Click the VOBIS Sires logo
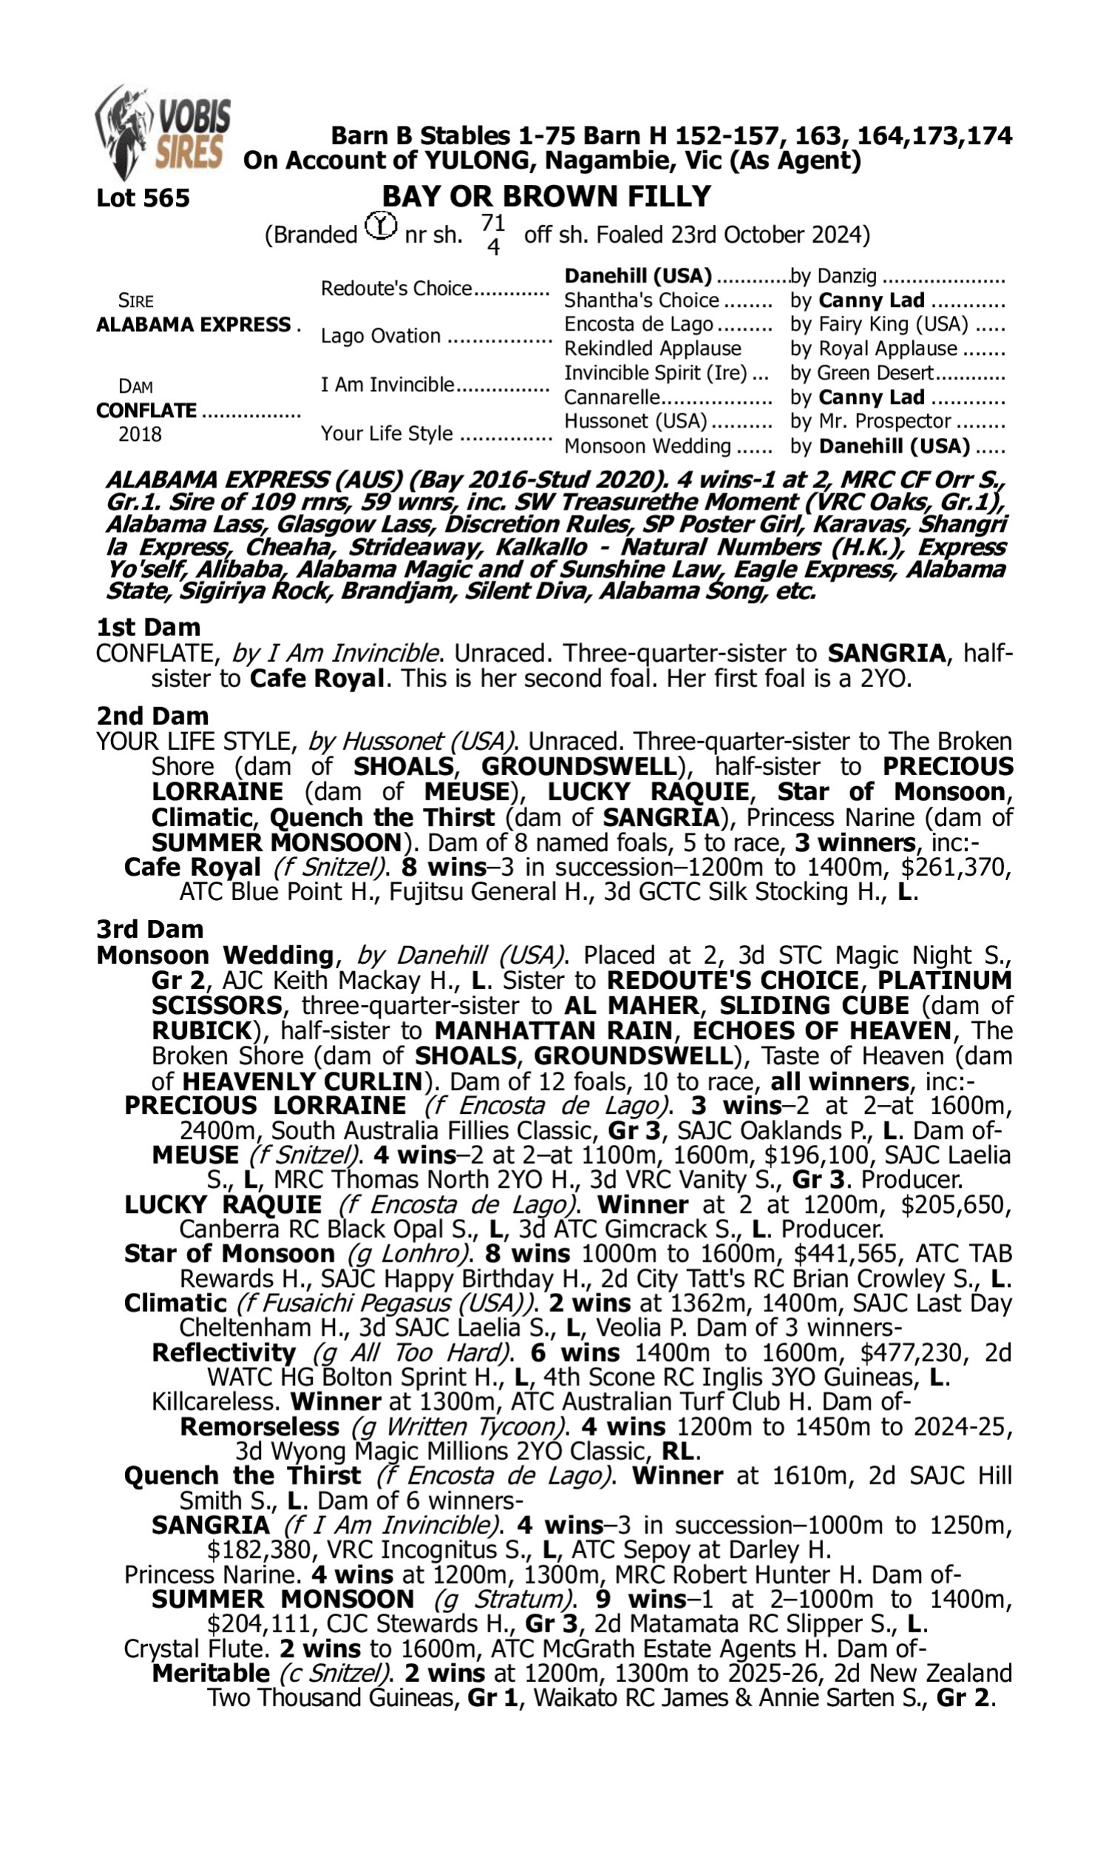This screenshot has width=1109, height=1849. coord(163,133)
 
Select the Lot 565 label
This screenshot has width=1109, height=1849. coord(143,198)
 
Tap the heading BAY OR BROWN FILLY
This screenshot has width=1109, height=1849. coord(546,197)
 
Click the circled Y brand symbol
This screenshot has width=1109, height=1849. coord(381,226)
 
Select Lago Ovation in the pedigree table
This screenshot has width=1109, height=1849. coord(380,337)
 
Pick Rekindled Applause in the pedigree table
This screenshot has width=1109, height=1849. coord(652,349)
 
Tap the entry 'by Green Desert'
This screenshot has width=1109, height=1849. coord(861,373)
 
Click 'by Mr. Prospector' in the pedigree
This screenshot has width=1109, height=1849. coord(871,422)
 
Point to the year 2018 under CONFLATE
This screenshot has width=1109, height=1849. coord(140,435)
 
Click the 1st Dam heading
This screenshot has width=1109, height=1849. coord(149,627)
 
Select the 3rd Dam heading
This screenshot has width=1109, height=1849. coord(149,929)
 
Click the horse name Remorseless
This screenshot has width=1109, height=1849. coord(260,1427)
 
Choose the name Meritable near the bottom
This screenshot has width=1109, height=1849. coord(211,1673)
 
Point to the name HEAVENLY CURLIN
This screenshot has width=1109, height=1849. coord(302,1081)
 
